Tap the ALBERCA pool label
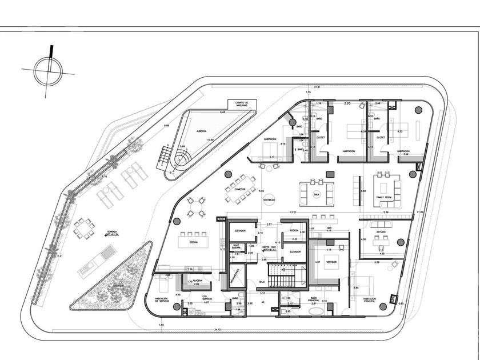(x=201, y=130)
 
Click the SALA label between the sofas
(x=317, y=194)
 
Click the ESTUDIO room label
(x=381, y=231)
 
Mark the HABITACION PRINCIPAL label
(x=369, y=299)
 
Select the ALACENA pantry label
(x=196, y=281)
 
